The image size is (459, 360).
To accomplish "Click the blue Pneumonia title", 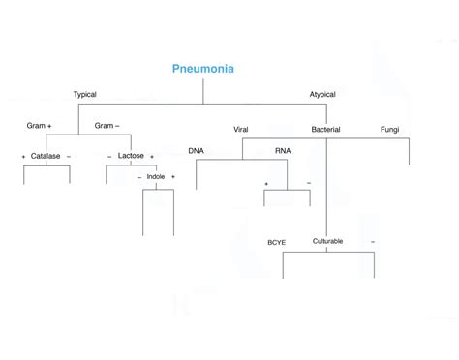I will coord(202,69).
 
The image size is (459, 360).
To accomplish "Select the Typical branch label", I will coord(85,94).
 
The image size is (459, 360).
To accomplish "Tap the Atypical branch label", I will coord(321,94).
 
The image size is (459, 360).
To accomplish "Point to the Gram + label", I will coord(39,126).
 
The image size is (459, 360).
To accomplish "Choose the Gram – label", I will coord(107,126).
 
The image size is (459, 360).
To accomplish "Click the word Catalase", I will coord(45,156).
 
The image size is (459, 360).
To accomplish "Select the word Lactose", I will coord(131,156).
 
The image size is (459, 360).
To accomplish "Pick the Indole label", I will coord(156,177).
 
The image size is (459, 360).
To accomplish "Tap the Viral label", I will coord(241,130).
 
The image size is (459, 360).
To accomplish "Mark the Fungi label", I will coord(389,130).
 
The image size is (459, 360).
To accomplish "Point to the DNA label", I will coord(196,151).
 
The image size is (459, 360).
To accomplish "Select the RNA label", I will coord(282,151).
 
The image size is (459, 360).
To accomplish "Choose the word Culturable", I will coord(327,241).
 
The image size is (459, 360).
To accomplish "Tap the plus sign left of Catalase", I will coord(23,156).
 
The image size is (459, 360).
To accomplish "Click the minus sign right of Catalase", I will coord(69,156).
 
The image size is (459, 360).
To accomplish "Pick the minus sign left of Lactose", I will coord(109,156).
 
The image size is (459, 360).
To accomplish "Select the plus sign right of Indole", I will coord(173,177).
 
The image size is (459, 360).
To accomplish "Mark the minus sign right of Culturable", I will coord(372,241).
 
